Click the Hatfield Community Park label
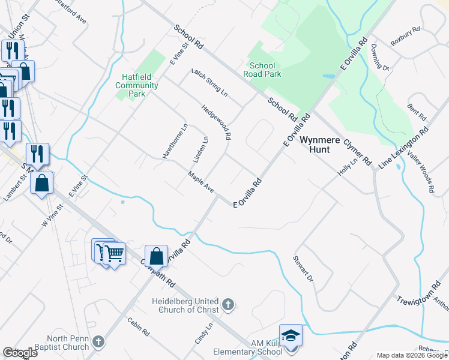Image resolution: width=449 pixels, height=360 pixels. (137, 85)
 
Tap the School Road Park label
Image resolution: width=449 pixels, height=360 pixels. (262, 70)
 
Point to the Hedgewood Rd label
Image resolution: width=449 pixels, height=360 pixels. (216, 122)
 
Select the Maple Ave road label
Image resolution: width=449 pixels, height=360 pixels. (200, 182)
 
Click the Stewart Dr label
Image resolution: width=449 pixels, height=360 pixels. (303, 269)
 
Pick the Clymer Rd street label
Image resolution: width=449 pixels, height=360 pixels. (358, 153)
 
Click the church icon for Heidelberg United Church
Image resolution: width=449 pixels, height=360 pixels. (228, 305)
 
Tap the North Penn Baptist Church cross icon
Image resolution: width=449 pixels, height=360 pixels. (98, 342)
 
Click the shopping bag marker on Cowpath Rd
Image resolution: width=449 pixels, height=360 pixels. (156, 256)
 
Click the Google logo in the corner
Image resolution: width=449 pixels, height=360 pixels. (20, 353)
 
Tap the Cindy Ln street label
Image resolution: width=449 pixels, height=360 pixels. (204, 333)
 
